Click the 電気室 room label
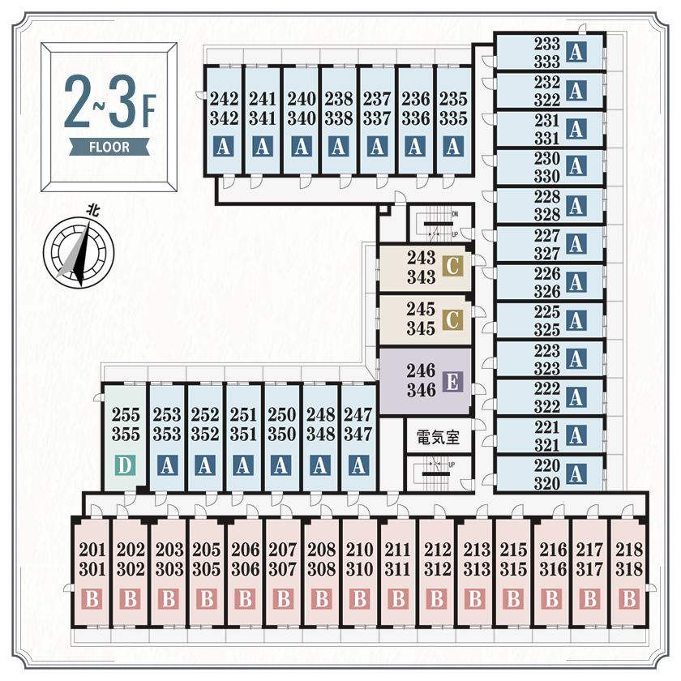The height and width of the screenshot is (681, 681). click(x=438, y=438)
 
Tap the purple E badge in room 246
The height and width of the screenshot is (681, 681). click(x=454, y=381)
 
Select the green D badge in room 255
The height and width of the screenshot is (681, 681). click(x=125, y=465)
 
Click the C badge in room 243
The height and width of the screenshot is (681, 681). click(x=453, y=264)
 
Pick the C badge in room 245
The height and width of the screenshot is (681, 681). click(x=453, y=321)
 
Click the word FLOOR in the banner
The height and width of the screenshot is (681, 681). click(x=109, y=148)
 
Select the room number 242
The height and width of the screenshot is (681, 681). click(x=224, y=99)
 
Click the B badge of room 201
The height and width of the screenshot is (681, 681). click(x=92, y=600)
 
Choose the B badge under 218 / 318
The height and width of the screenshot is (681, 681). click(x=628, y=600)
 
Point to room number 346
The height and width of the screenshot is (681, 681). click(x=421, y=390)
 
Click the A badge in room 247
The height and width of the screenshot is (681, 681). click(x=358, y=465)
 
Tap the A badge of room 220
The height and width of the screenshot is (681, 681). click(x=576, y=473)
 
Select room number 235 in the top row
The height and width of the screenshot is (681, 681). click(x=453, y=99)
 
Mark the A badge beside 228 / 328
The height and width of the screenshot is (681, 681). click(x=576, y=206)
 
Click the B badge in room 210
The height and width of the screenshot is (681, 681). click(x=359, y=600)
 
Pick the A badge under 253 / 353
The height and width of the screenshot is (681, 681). click(x=168, y=465)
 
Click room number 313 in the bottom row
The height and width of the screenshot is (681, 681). click(x=477, y=569)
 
